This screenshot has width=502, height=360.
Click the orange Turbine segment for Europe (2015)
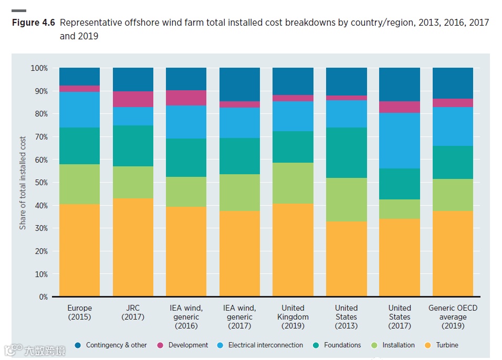(79, 250)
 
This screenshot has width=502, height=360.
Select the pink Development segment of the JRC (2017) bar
(133, 99)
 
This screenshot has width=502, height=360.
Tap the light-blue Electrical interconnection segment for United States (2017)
(400, 141)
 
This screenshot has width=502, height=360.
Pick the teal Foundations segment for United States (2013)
(346, 153)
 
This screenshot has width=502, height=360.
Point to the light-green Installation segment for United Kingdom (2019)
(292, 183)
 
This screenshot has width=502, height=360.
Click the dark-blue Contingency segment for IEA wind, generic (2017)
(239, 84)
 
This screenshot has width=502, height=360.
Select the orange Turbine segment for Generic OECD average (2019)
(453, 253)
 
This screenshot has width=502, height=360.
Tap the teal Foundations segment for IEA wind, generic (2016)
(186, 157)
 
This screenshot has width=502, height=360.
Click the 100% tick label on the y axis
(39, 68)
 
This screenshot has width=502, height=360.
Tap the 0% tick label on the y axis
(43, 297)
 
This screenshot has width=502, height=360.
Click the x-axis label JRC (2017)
(133, 312)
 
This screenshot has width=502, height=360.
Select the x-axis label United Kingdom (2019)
(292, 317)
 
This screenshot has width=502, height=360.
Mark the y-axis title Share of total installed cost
(23, 183)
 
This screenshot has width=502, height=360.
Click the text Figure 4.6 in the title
(33, 23)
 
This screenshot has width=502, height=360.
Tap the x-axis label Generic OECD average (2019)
(453, 317)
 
